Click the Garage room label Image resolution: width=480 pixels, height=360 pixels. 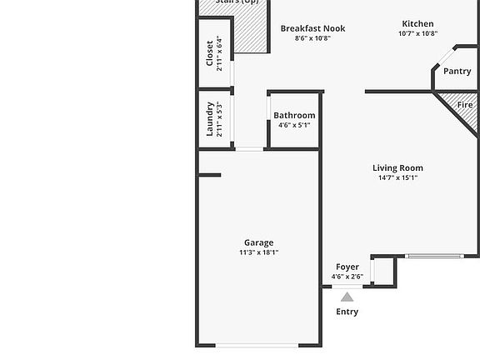tap(258, 243)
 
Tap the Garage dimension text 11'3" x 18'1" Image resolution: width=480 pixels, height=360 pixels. tap(258, 252)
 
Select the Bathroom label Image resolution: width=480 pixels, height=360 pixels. tap(294, 116)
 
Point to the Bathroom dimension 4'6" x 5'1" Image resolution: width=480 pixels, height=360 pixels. tap(294, 126)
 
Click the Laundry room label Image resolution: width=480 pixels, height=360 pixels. tap(210, 119)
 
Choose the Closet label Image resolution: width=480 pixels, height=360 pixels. tap(210, 52)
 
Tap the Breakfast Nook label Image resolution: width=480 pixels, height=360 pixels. tap(312, 28)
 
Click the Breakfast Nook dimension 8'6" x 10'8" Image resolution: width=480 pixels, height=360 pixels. tap(312, 38)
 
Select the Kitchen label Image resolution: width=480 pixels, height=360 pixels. tap(417, 24)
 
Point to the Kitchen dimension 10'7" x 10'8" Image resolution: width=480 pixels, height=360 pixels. tap(417, 34)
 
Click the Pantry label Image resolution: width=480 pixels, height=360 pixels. tap(457, 72)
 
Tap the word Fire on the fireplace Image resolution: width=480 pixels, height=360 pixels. tap(465, 105)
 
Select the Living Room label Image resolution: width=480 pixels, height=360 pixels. tap(397, 168)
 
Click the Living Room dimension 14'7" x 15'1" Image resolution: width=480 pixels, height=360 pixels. tap(397, 177)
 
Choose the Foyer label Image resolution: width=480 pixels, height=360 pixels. tap(347, 267)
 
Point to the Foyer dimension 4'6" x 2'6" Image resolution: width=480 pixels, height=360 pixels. tap(347, 277)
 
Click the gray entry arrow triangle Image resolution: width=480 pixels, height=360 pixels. tap(347, 297)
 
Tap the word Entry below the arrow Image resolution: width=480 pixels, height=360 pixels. tap(347, 312)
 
